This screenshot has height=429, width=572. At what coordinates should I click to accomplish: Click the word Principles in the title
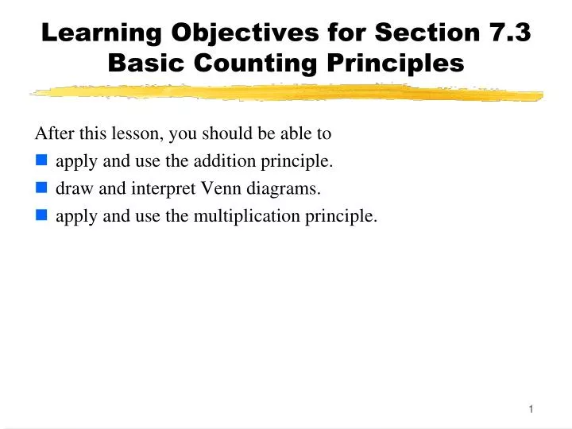click(x=398, y=63)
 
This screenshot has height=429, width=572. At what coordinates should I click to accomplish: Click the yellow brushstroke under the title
click(x=286, y=94)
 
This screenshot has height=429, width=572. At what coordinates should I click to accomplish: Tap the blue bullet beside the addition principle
click(x=41, y=161)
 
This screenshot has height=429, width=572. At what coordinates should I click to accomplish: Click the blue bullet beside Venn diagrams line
click(x=41, y=188)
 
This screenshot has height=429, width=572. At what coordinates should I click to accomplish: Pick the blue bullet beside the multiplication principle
click(x=41, y=215)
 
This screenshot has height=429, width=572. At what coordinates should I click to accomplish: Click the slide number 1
click(x=531, y=409)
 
